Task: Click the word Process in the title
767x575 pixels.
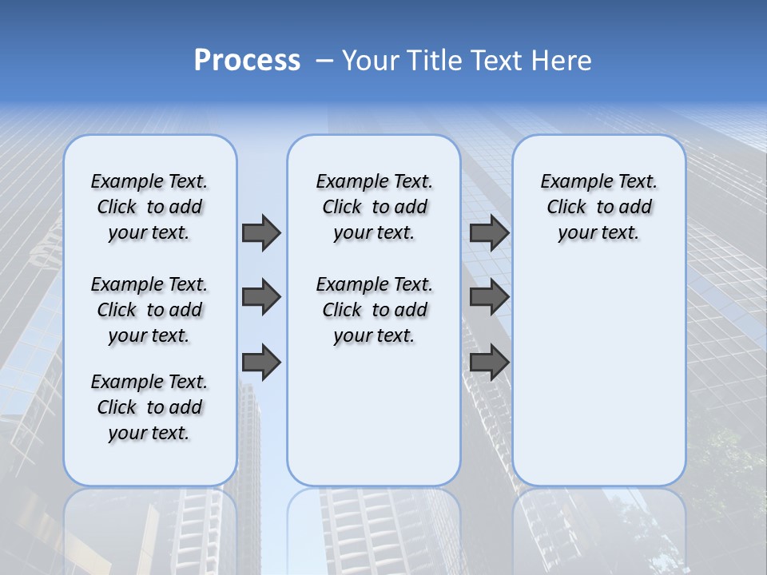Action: coord(247,60)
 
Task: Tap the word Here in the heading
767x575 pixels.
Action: coord(562,60)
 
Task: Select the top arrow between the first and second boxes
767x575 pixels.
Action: coord(261,232)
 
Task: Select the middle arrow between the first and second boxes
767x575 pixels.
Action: coord(261,297)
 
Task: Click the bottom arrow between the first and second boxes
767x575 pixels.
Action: coord(261,363)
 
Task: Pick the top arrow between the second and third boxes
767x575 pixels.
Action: coord(489,232)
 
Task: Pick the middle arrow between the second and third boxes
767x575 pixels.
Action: coord(489,297)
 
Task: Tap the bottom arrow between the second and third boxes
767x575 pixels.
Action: coord(489,363)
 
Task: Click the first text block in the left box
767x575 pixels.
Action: coord(149,207)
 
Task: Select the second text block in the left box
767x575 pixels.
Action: coord(149,310)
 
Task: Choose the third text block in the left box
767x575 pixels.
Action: coord(149,407)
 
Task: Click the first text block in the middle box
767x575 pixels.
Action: coord(374,207)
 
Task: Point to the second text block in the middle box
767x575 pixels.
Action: coord(374,310)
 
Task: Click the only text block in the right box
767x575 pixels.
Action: coord(598,207)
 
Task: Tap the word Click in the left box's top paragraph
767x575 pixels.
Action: coord(117,207)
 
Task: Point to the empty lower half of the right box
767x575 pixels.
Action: coord(598,383)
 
